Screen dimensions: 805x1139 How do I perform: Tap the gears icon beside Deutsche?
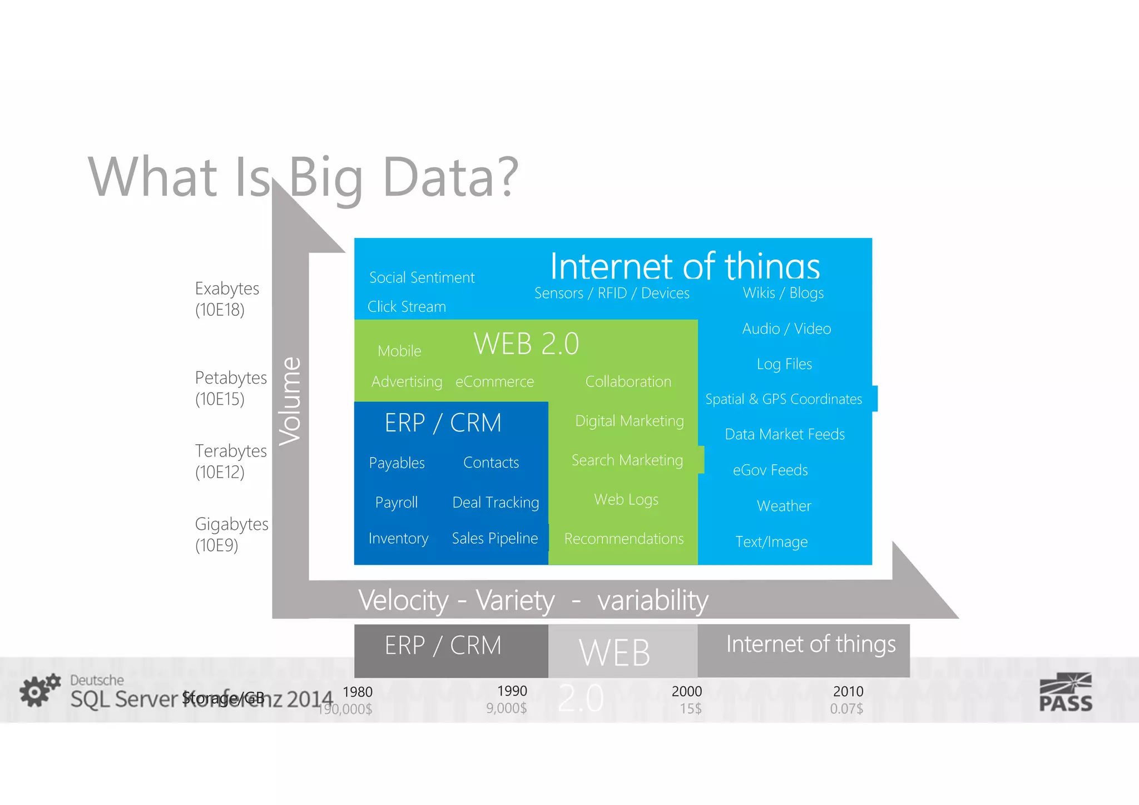pos(39,690)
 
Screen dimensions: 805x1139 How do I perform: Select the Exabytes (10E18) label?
pos(227,299)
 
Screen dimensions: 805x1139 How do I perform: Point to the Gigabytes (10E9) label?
pos(231,534)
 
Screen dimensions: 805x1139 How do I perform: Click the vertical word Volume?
pos(290,401)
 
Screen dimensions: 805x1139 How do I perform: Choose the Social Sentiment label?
pos(422,277)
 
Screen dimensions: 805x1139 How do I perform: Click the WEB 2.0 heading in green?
pos(526,344)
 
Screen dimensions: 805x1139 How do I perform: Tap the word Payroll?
pos(396,503)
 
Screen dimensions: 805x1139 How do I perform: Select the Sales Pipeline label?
pos(494,538)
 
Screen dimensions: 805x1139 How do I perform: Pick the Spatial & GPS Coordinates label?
pos(783,399)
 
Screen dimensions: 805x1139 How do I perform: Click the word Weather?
pos(784,506)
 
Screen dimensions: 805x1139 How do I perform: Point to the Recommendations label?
pos(623,539)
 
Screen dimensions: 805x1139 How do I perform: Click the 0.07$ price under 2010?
pos(846,709)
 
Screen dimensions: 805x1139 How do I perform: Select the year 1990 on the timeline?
pos(512,691)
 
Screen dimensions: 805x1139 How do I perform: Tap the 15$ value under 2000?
pos(690,709)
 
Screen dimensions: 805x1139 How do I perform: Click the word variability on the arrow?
pos(652,600)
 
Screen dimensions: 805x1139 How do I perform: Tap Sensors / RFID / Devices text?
pos(612,293)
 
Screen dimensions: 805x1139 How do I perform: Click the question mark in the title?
pos(506,177)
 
